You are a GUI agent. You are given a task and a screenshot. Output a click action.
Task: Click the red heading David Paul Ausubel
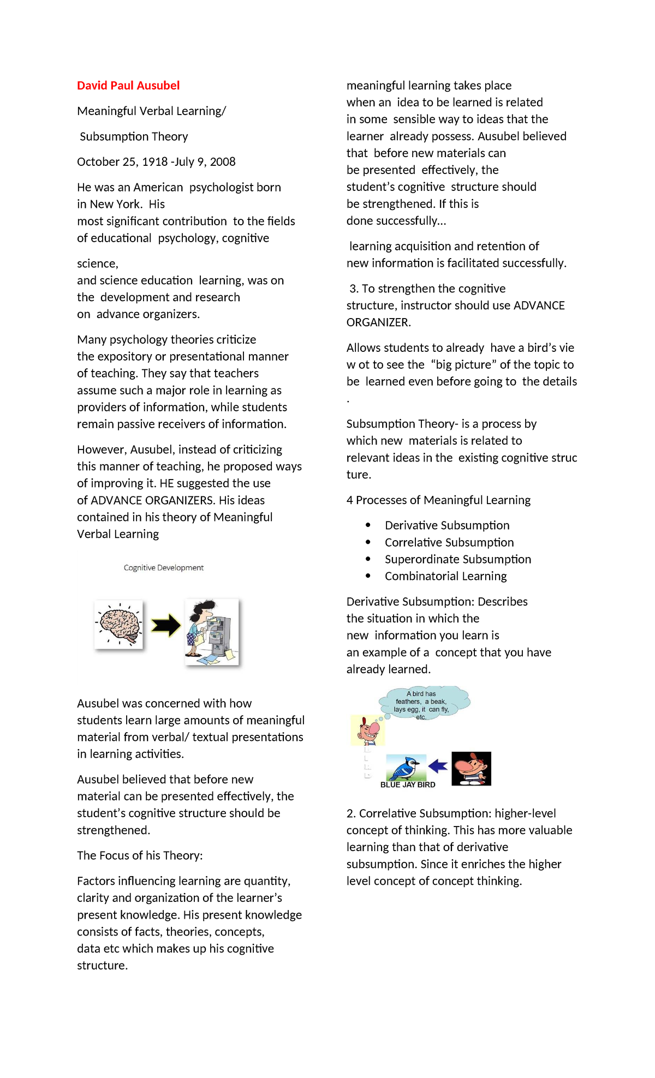click(128, 86)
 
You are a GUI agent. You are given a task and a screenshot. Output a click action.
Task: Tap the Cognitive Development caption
click(163, 568)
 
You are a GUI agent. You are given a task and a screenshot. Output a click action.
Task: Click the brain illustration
click(119, 625)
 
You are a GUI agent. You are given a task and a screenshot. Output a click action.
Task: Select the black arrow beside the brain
click(165, 626)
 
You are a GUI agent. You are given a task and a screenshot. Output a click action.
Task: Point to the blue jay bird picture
click(406, 768)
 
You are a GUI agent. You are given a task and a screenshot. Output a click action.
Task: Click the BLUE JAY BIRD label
click(408, 785)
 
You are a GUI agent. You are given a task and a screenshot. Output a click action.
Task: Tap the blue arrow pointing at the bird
click(438, 766)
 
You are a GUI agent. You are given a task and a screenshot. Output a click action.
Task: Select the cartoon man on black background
click(472, 768)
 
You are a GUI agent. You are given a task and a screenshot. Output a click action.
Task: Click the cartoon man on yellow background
click(367, 731)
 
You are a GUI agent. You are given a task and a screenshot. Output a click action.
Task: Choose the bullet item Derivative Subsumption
click(447, 525)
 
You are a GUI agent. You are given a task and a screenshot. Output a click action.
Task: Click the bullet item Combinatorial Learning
click(445, 577)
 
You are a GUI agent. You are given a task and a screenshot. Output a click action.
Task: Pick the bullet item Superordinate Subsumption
click(457, 560)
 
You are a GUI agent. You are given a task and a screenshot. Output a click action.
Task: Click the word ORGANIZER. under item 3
click(378, 322)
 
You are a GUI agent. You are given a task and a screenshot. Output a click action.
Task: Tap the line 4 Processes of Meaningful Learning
click(438, 500)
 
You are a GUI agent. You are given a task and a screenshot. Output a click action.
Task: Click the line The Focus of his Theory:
click(140, 855)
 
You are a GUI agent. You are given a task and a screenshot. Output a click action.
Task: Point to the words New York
click(116, 205)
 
